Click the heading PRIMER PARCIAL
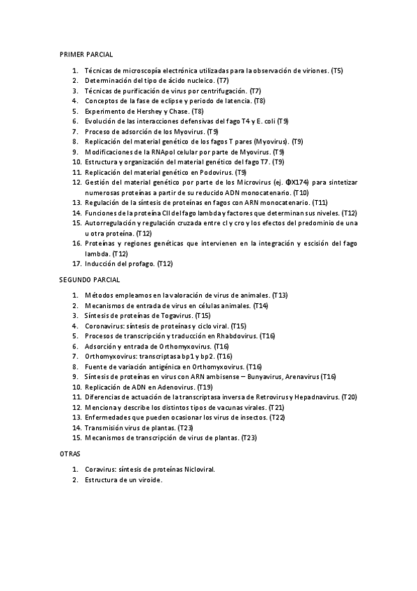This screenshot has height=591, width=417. (86, 54)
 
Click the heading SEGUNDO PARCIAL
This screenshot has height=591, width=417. (90, 279)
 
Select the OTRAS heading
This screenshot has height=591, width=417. (71, 453)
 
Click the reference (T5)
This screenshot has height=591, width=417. (337, 70)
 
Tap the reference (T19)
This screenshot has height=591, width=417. (206, 387)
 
